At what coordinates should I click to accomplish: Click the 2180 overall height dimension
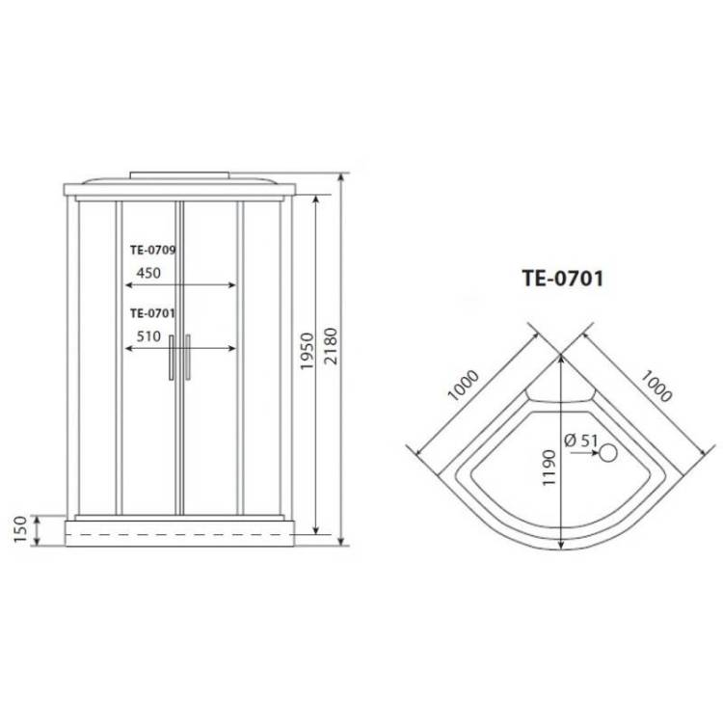click(x=331, y=346)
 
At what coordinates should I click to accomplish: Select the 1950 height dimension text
click(x=307, y=351)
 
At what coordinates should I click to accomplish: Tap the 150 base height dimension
click(x=20, y=529)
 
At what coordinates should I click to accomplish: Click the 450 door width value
click(x=148, y=273)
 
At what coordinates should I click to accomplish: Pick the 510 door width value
click(x=148, y=336)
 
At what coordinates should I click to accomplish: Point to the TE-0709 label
click(x=152, y=250)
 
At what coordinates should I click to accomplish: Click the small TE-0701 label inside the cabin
click(x=152, y=313)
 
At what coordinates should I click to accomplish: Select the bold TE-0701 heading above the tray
click(x=563, y=279)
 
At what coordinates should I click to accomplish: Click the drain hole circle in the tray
click(x=608, y=453)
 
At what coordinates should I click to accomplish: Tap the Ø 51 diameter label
click(x=581, y=441)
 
